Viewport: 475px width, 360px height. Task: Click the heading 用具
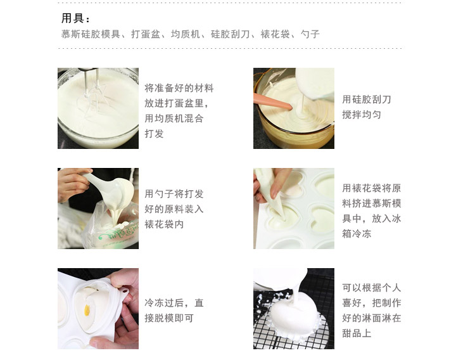coord(73,18)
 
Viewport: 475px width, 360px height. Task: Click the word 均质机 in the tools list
coord(186,34)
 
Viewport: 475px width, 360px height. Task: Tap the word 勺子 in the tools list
coord(310,34)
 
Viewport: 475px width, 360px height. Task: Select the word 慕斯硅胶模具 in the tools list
coord(91,34)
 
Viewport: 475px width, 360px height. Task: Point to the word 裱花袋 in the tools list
coord(275,34)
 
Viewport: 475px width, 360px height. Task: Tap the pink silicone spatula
coord(272,102)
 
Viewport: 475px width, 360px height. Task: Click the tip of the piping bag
coord(284,217)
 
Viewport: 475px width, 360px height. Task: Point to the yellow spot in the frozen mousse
coord(87,310)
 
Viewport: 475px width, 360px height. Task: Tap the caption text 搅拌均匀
coord(362,115)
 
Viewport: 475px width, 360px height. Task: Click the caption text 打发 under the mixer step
coord(154,134)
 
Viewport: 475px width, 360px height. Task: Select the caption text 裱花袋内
coord(164,224)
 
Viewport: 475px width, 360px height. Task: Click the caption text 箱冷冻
coord(357,233)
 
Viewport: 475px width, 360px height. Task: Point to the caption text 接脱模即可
coord(169,318)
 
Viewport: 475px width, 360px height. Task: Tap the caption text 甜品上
coord(357,333)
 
